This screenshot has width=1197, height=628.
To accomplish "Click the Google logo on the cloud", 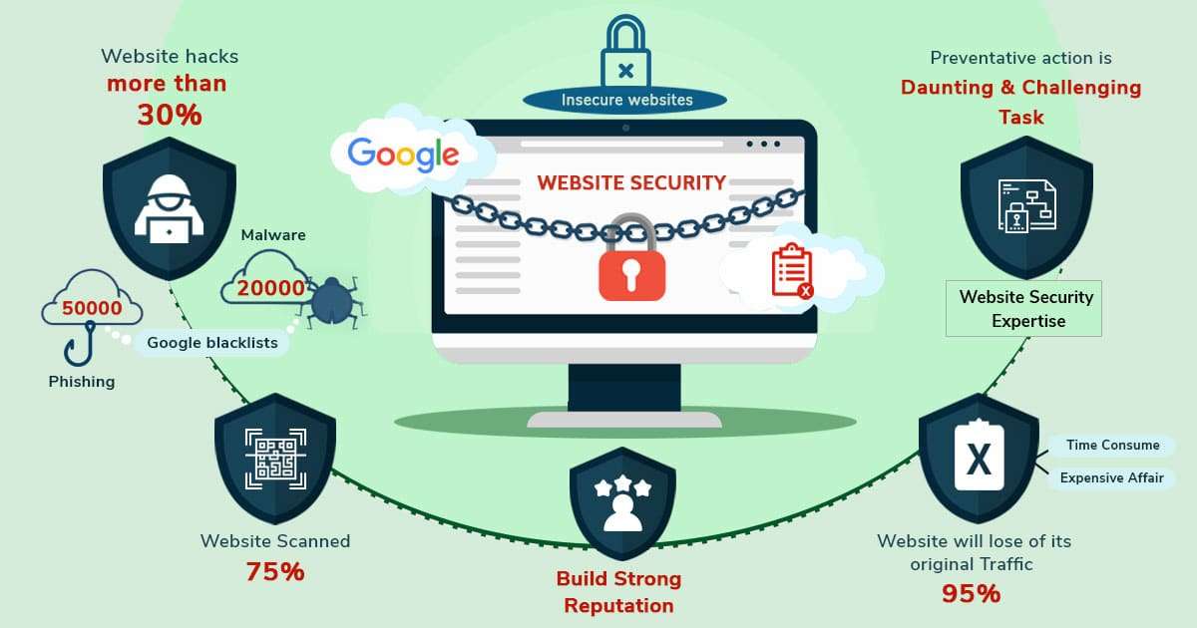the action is tap(404, 154).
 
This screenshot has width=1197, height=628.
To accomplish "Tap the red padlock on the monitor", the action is tap(630, 268).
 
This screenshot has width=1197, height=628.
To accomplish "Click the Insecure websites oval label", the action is tap(625, 100).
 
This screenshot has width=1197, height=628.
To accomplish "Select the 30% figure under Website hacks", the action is tap(170, 115).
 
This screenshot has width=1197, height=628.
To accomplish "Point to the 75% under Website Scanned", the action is tap(275, 572).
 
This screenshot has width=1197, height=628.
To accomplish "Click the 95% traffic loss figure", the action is tap(971, 594).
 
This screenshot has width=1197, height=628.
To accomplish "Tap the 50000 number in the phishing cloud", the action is tap(92, 308).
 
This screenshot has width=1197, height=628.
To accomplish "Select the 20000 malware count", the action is tap(270, 288).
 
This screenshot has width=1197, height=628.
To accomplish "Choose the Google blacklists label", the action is tap(212, 343).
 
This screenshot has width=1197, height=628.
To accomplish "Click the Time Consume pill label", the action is tap(1112, 446).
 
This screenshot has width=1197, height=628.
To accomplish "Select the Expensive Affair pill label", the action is tap(1111, 477).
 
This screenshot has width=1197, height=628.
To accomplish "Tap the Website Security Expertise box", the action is tap(1025, 309).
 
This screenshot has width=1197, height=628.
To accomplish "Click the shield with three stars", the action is tap(623, 503).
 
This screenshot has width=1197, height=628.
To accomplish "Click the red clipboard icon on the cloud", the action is tap(791, 269).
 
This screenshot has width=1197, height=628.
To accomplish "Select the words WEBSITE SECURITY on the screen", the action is tap(630, 182).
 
